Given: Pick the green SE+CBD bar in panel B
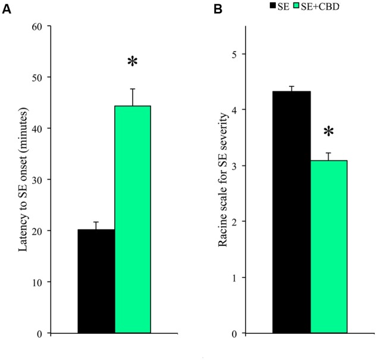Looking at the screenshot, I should (x=328, y=246).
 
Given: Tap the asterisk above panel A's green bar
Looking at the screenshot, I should (x=133, y=63).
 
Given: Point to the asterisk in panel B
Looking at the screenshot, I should (x=328, y=131).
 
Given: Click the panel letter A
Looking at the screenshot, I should (x=7, y=9).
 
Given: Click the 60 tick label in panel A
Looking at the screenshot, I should (x=37, y=26).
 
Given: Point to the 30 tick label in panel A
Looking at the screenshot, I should (x=37, y=180).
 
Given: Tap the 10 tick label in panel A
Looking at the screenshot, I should (x=37, y=282).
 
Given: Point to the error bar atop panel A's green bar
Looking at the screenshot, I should (x=133, y=96).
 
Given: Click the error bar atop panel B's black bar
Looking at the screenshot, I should (x=291, y=88).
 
